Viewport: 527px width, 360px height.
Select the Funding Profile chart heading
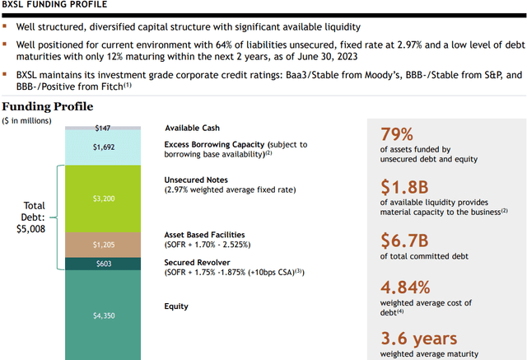coord(47,106)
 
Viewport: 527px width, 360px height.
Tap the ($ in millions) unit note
coord(26,121)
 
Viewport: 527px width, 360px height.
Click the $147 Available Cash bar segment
coord(103,129)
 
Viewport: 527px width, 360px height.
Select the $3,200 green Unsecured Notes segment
coord(103,198)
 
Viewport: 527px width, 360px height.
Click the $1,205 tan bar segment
coord(103,244)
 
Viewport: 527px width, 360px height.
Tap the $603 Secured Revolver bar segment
coord(103,264)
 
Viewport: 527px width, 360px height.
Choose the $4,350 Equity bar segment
coord(103,313)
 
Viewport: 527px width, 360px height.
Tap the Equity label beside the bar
coord(176,306)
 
